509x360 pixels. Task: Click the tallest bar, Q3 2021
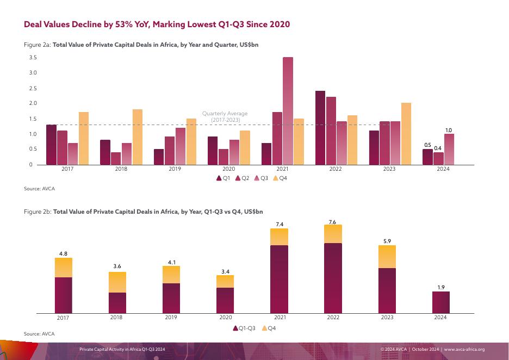pyautogui.click(x=288, y=111)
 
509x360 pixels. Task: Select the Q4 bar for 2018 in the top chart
pyautogui.click(x=137, y=137)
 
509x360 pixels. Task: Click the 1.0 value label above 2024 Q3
pyautogui.click(x=449, y=130)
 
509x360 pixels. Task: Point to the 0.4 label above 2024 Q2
pyautogui.click(x=438, y=148)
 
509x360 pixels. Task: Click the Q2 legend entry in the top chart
pyautogui.click(x=242, y=178)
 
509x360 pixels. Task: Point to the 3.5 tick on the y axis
pyautogui.click(x=33, y=58)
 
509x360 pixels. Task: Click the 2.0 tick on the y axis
pyautogui.click(x=33, y=103)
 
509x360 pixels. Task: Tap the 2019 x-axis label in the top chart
pyautogui.click(x=175, y=170)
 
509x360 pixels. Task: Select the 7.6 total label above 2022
pyautogui.click(x=333, y=221)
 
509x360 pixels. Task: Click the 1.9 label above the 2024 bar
pyautogui.click(x=440, y=287)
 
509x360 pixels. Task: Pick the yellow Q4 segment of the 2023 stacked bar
pyautogui.click(x=387, y=257)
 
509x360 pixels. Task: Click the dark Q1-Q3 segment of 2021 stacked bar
pyautogui.click(x=279, y=279)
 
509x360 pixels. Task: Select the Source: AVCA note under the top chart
pyautogui.click(x=40, y=189)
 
